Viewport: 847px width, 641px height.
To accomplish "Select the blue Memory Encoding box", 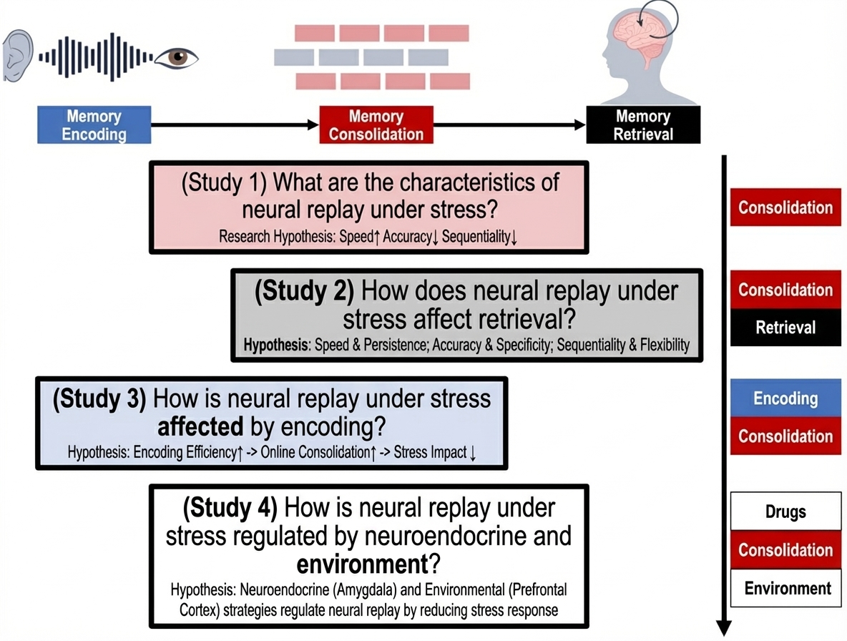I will click(94, 125).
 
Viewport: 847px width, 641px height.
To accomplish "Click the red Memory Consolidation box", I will click(376, 125).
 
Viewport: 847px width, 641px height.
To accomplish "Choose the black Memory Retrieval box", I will click(642, 125).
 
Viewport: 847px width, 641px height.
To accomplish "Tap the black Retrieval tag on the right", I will click(785, 328).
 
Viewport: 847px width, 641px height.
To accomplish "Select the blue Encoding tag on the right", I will click(785, 398).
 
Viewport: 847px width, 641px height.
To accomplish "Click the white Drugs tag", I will click(785, 512).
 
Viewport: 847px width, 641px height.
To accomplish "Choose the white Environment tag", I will click(788, 589).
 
